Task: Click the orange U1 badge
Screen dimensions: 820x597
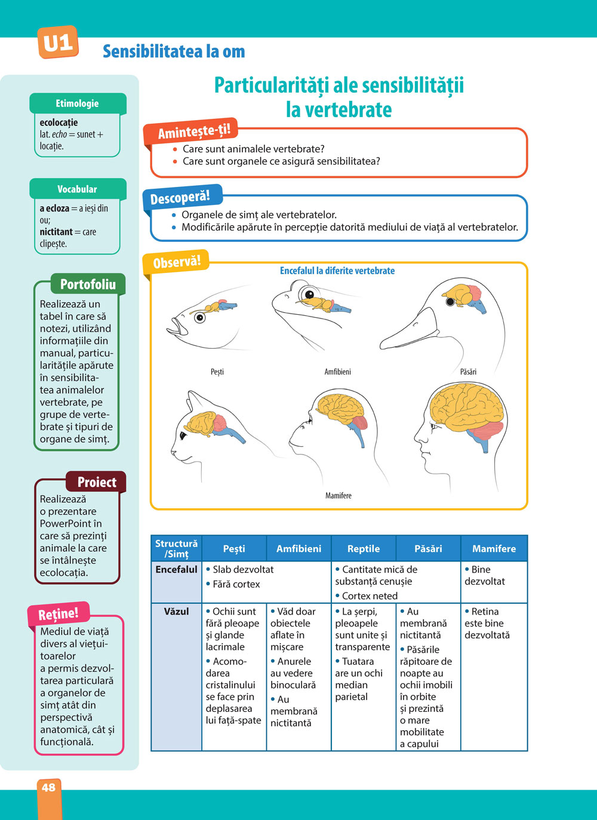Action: coord(58,42)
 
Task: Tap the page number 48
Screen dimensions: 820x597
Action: coord(48,787)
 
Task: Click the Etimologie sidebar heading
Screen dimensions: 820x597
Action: coord(77,103)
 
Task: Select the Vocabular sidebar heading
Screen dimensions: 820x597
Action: coord(77,189)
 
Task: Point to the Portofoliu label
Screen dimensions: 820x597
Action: coord(88,284)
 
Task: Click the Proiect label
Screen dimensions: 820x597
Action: coord(97,482)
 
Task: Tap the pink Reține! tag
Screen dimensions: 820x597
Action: coord(59,613)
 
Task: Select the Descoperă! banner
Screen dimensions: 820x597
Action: coord(180,198)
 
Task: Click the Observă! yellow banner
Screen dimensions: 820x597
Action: coord(177,262)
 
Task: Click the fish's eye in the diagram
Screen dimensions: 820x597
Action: coord(200,317)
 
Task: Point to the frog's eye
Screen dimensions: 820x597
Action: coord(309,294)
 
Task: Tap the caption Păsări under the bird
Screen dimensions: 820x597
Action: coord(468,371)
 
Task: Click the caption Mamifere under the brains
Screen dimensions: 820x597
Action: coord(338,496)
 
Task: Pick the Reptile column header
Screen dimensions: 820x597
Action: coord(364,548)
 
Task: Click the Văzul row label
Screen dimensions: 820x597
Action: coord(176,612)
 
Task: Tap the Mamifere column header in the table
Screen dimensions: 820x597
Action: coord(494,548)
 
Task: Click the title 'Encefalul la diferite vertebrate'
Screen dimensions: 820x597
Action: coord(337,271)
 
